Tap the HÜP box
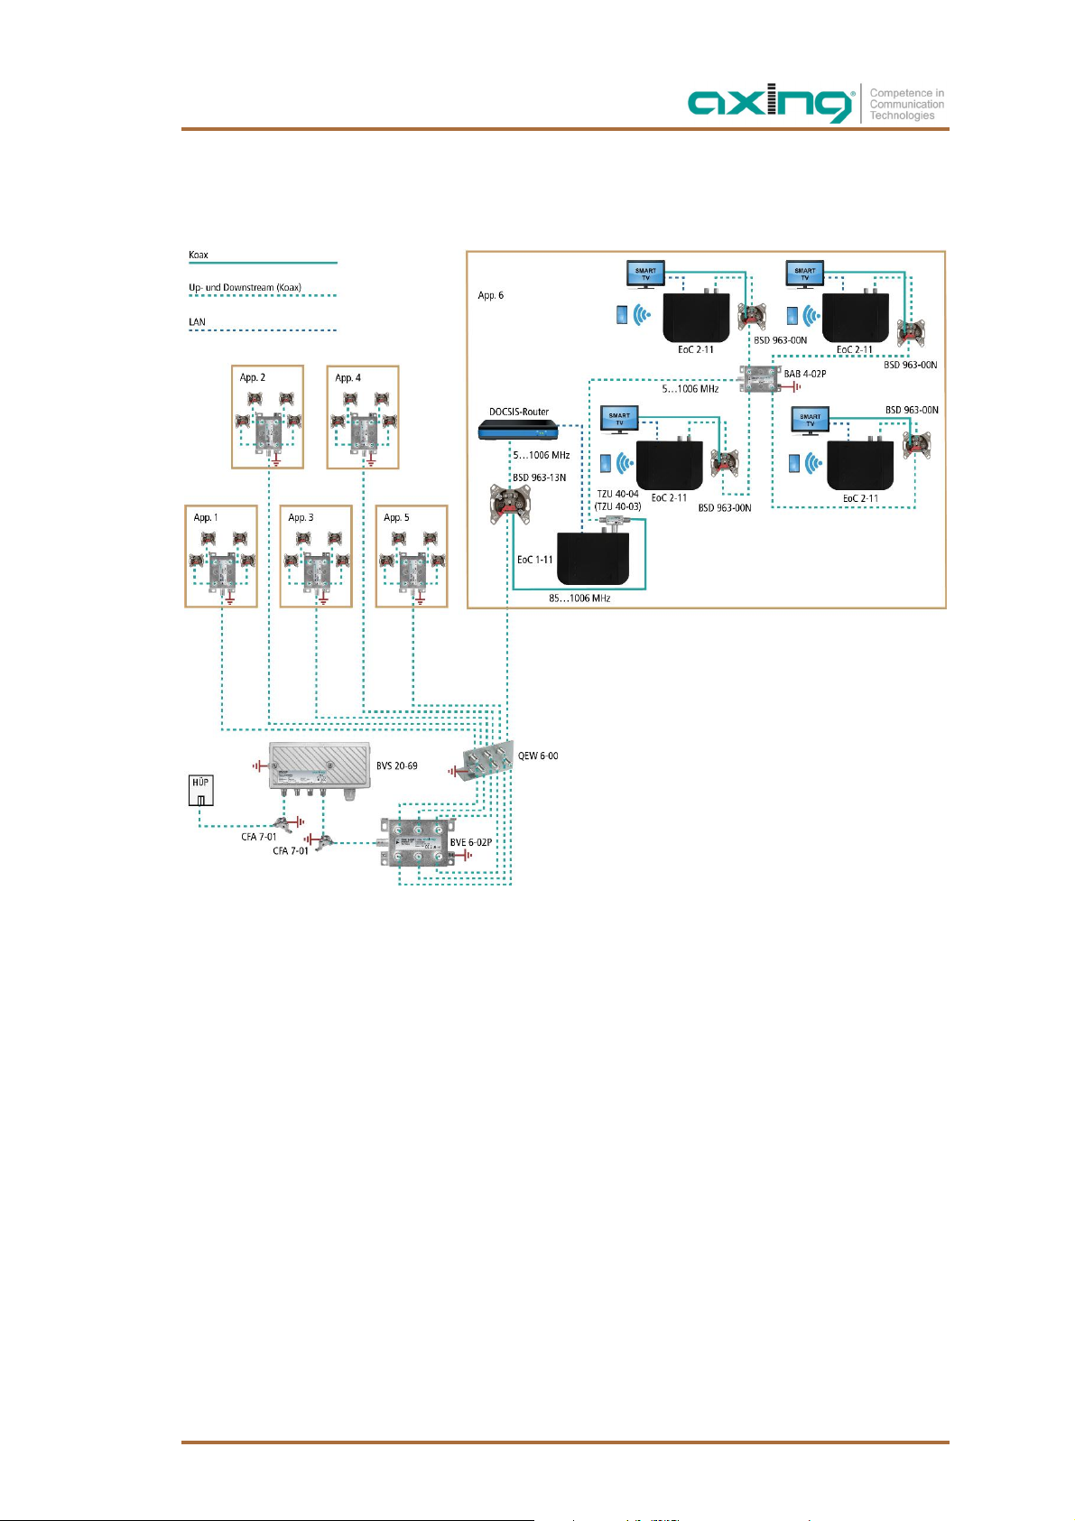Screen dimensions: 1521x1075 200,791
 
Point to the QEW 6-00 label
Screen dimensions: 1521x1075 538,756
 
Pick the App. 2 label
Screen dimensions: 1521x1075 253,377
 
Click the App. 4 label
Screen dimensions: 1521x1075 348,377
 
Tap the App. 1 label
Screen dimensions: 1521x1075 206,517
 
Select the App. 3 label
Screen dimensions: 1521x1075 301,517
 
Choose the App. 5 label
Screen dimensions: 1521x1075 396,517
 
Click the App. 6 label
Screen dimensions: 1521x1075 491,295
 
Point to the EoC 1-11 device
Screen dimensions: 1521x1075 592,561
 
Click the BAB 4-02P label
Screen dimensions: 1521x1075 805,374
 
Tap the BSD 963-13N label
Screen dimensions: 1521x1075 539,478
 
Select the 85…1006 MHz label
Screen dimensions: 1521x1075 579,598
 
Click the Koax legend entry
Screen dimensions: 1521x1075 199,255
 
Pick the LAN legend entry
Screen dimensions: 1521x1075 197,321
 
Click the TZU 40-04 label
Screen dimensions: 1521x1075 617,494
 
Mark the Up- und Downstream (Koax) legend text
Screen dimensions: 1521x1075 245,288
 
